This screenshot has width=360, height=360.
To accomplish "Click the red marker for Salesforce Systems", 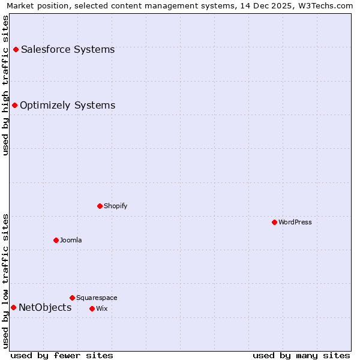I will click(x=16, y=49).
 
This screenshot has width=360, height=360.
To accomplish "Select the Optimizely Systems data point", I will click(x=15, y=106).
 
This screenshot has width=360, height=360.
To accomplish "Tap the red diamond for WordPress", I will click(x=274, y=222).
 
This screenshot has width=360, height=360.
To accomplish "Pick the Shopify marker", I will click(x=100, y=206).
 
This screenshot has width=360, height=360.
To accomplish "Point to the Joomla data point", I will click(x=56, y=240).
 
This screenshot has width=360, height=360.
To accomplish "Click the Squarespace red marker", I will click(x=72, y=298).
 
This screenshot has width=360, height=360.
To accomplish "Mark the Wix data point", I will click(x=92, y=308).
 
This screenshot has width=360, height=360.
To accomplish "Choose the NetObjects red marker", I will click(x=13, y=308).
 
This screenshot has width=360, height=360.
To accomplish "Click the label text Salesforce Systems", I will click(x=68, y=49).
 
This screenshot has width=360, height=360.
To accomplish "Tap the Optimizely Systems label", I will click(x=67, y=106).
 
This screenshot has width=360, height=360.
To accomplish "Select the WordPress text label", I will click(x=295, y=222).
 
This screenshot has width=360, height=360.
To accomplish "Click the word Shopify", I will click(x=115, y=206).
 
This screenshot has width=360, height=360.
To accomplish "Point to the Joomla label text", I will click(x=71, y=240).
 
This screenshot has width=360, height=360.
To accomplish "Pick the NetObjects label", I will click(x=45, y=308).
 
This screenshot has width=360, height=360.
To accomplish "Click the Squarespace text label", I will click(x=97, y=298).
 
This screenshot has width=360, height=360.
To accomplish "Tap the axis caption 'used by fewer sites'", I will click(x=62, y=355).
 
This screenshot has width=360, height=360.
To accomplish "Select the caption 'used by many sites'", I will click(x=301, y=355).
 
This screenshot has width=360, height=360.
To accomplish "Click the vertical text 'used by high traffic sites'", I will click(x=6, y=85).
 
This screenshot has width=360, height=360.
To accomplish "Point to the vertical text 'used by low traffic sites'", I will click(x=6, y=280).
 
